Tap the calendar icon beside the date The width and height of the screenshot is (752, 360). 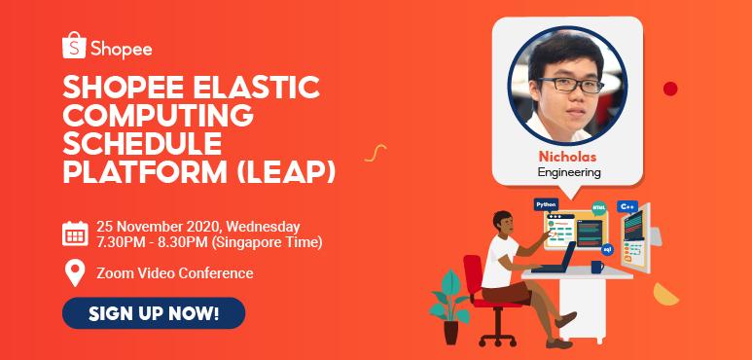tap(75, 234)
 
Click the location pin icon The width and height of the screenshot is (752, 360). tap(75, 273)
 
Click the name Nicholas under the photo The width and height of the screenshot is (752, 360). tap(568, 156)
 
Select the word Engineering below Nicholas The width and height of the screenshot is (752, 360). tap(569, 172)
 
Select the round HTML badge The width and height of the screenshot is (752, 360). tap(598, 208)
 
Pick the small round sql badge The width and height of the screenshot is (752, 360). tap(607, 249)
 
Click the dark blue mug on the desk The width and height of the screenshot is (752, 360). tap(596, 267)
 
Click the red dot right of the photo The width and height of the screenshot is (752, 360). tap(670, 89)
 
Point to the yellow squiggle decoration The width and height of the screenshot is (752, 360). tap(375, 152)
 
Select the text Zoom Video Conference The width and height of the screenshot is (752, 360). tap(175, 273)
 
